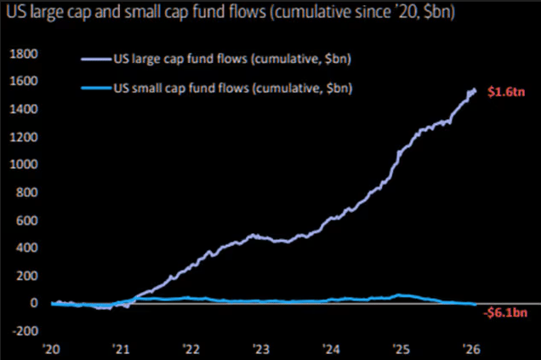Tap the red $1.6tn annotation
(x=501, y=92)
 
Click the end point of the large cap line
(x=475, y=89)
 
